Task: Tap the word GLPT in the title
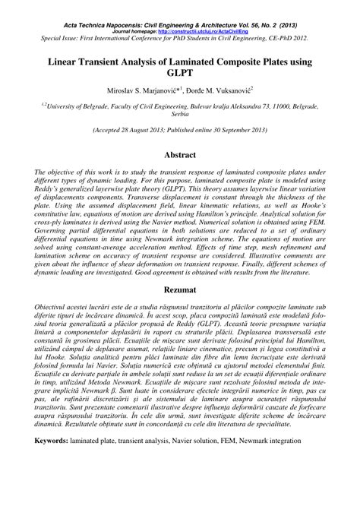click(x=180, y=75)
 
